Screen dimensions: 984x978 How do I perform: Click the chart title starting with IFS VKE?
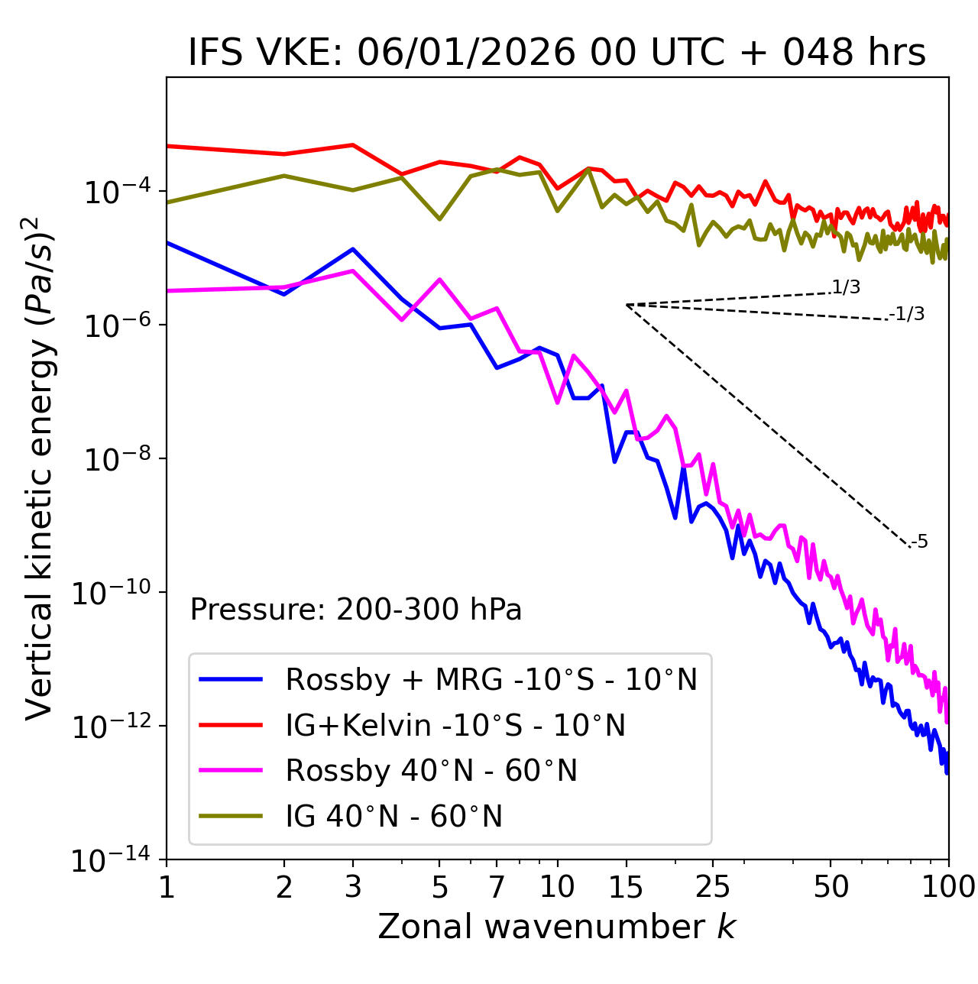tap(557, 53)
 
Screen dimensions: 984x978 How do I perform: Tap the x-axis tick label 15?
tap(626, 887)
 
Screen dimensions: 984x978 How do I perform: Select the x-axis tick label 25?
tap(712, 887)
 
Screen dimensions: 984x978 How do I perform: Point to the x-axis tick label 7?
tap(497, 887)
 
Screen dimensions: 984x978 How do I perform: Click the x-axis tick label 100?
tap(947, 887)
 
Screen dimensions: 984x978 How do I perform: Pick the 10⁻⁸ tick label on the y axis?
tap(115, 460)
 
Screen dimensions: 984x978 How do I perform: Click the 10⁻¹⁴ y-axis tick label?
tap(115, 861)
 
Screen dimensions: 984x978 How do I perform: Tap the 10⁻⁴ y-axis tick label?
tap(115, 193)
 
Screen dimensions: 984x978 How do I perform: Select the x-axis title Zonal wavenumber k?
tap(557, 927)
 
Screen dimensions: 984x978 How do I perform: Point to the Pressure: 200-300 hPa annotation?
tap(355, 610)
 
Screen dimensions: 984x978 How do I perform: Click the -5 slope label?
tap(920, 542)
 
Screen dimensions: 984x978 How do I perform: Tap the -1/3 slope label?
tap(908, 314)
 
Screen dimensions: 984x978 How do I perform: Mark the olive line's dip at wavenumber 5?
tap(439, 219)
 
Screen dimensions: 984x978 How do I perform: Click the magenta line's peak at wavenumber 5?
tap(439, 279)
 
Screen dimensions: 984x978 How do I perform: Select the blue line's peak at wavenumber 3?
tap(352, 249)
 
